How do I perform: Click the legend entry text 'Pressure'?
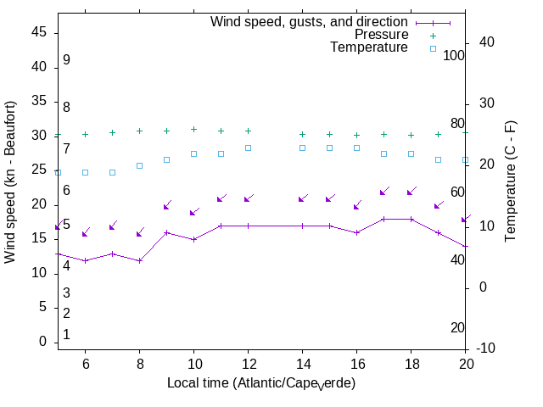[x=381, y=35]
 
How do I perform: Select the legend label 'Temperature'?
[x=369, y=47]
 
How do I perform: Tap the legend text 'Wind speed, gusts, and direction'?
[x=309, y=22]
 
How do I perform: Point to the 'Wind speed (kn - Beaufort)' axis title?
[x=11, y=181]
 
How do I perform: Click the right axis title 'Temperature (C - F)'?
[x=511, y=181]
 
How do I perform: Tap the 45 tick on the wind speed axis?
[x=39, y=31]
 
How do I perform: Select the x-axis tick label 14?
[x=302, y=363]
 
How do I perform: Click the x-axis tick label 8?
[x=139, y=363]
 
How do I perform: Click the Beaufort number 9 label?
[x=66, y=60]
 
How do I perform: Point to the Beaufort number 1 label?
[x=66, y=335]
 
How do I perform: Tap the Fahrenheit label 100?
[x=454, y=55]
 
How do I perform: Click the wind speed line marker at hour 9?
[x=166, y=232]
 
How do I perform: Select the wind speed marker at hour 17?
[x=383, y=219]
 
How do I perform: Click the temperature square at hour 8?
[x=139, y=165]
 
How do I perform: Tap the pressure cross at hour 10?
[x=193, y=129]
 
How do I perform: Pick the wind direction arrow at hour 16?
[x=357, y=205]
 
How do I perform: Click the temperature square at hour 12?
[x=248, y=148]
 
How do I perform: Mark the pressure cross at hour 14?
[x=302, y=134]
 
